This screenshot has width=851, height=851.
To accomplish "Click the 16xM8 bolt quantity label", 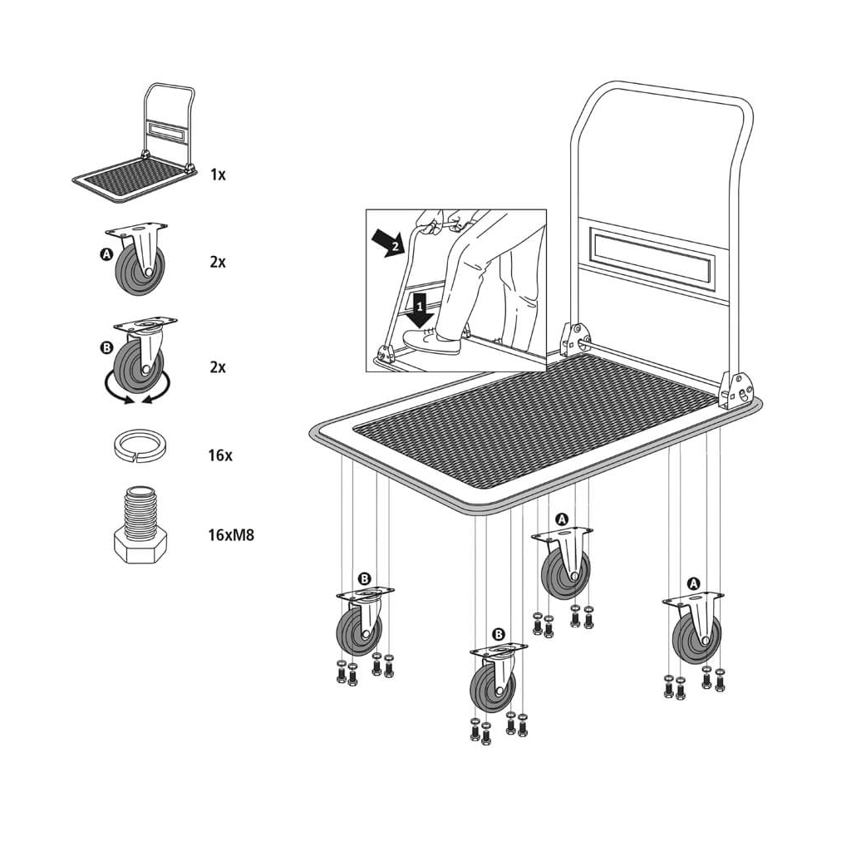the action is pos(231,535).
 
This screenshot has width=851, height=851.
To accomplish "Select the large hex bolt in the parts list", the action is pos(140,525).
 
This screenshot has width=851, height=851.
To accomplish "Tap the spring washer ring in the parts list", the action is pos(140,445).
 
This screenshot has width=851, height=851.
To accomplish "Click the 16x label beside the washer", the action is pos(220,455).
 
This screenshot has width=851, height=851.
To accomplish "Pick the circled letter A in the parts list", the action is pos(106,253).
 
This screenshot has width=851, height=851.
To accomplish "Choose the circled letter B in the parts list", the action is pos(107,348).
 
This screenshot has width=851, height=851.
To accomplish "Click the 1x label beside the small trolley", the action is pos(219,175).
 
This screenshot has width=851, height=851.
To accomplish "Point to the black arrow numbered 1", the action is pos(419,309).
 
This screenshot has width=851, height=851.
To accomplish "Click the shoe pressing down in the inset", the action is pos(432,341).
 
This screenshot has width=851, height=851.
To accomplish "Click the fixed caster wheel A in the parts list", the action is pos(139,258).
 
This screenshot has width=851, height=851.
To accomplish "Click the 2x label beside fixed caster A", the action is pos(218,262).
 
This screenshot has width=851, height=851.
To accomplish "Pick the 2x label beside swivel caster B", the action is pos(218,367).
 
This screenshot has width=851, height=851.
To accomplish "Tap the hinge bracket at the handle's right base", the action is pos(736,390).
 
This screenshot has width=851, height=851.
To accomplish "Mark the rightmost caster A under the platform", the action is pos(695,627).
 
